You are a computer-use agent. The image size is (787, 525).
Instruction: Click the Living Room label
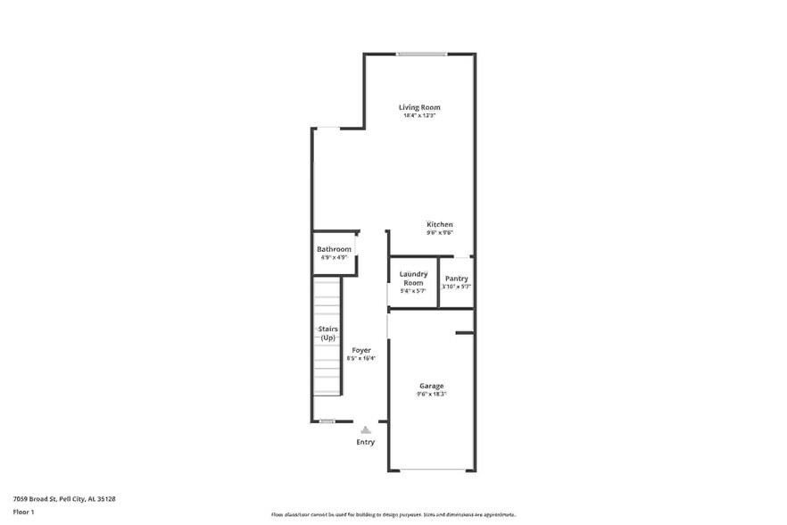pos(418,108)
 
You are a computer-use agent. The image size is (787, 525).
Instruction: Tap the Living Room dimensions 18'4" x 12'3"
pos(418,116)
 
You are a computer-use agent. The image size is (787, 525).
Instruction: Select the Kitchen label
pos(439,224)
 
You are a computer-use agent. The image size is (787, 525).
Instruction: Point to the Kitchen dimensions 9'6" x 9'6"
pos(439,232)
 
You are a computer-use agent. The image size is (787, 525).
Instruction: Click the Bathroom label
pos(334,249)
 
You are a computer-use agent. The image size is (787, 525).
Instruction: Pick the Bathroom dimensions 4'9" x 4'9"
pos(334,257)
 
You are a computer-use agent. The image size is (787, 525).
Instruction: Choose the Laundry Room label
pos(412,278)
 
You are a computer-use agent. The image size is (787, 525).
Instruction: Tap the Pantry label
pos(456,279)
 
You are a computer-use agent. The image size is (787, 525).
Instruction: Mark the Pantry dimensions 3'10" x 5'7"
pos(456,287)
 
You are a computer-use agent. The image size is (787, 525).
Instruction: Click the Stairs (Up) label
pos(327,334)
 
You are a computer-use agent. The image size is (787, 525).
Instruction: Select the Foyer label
pos(361,350)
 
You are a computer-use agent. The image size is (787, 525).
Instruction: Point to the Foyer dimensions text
pos(361,358)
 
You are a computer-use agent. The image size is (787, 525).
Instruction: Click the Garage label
pos(432,386)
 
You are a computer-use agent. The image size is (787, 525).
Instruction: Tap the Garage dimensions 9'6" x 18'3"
pos(432,394)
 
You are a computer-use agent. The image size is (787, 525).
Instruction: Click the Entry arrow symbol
pos(366,429)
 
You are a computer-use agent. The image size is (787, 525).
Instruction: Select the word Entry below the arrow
pos(366,442)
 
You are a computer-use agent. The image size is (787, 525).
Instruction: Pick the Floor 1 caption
pos(23,512)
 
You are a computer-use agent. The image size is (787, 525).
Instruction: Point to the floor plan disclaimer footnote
pos(393,514)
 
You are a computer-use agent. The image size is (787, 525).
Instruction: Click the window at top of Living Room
pos(422,54)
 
